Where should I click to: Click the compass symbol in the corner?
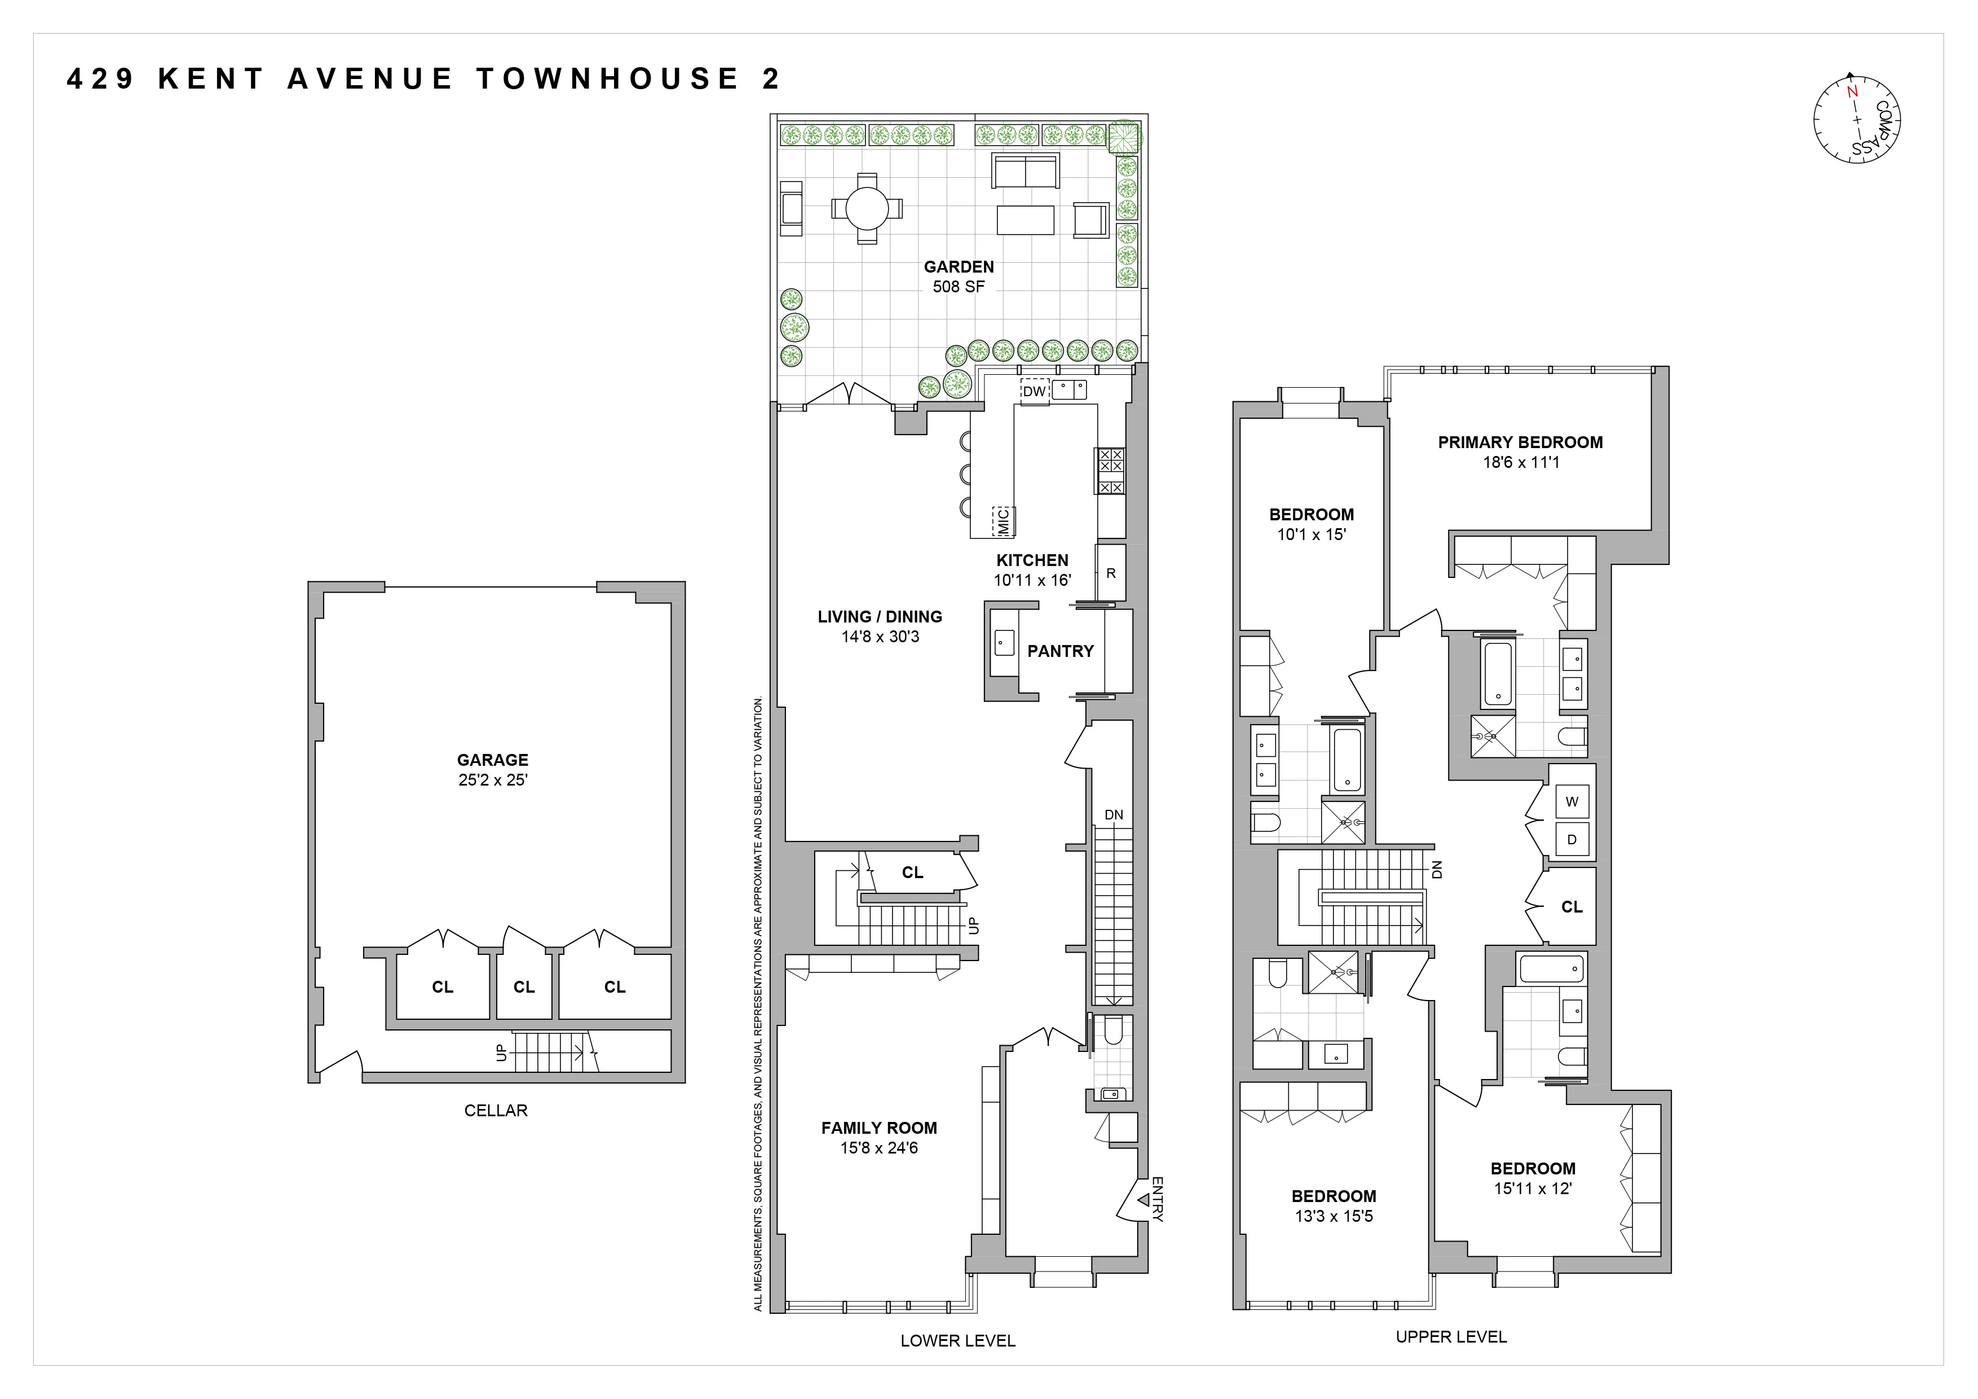[1857, 121]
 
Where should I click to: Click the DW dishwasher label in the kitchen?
[1034, 391]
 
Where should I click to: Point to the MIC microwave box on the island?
[1003, 521]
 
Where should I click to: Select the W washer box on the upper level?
[1571, 801]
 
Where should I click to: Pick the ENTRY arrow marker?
[1143, 1199]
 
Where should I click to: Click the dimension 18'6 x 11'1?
[1521, 462]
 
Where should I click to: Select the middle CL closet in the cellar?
[524, 987]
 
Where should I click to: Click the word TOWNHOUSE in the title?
[607, 78]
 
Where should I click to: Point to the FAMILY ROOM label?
[878, 1128]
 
